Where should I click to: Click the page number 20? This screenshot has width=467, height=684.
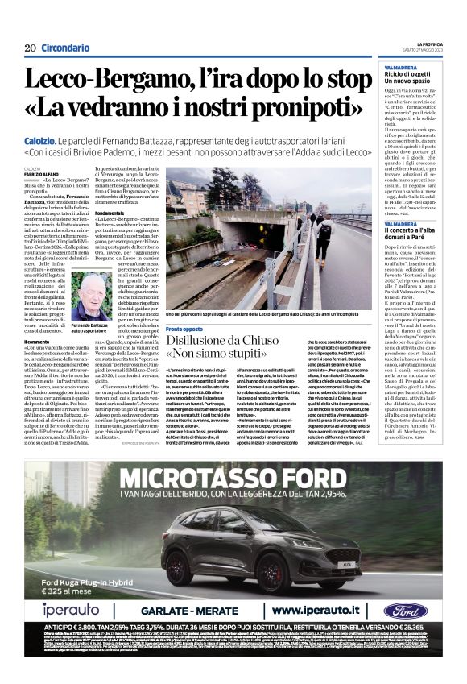point(30,48)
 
